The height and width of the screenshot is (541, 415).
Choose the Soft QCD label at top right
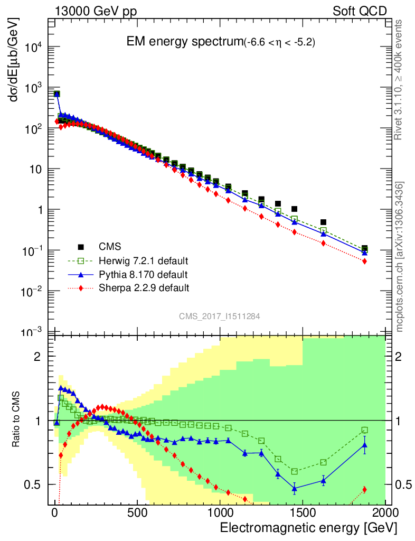tap(360, 11)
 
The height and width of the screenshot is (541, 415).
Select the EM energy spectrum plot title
tap(220, 42)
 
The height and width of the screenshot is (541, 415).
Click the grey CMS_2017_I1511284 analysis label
tap(219, 316)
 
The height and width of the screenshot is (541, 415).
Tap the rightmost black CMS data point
tap(364, 249)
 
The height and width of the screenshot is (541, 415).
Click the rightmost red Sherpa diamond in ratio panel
tap(364, 490)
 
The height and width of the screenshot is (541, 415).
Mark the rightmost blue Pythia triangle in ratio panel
tap(364, 445)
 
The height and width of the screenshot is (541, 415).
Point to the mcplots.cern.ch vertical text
tap(400, 256)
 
